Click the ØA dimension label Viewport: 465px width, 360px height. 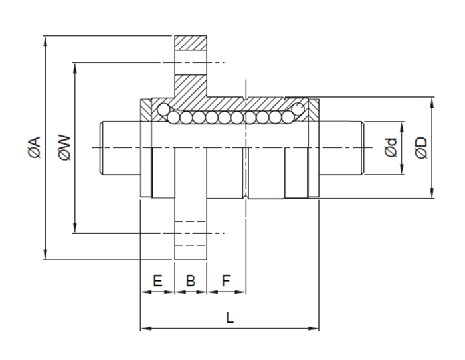(35, 147)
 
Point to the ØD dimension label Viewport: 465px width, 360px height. (420, 147)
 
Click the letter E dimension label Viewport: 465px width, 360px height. (157, 281)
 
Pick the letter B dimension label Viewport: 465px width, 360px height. (191, 281)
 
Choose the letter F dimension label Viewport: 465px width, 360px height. (225, 281)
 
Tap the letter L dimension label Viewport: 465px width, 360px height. (230, 317)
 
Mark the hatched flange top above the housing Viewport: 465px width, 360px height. (191, 50)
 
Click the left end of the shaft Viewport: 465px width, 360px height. (103, 147)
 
